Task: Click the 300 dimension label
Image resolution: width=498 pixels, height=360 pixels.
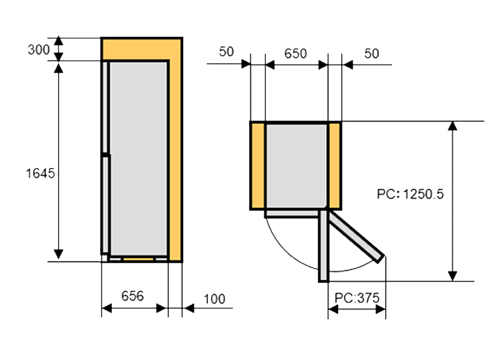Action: (x=39, y=50)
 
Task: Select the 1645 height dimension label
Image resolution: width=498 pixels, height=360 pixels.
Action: (x=40, y=174)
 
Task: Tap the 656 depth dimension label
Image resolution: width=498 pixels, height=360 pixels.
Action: (x=133, y=296)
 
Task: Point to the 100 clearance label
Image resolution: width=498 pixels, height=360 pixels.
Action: (x=214, y=299)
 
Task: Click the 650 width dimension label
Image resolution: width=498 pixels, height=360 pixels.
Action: (x=295, y=54)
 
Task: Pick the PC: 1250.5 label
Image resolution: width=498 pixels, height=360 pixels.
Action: (x=410, y=194)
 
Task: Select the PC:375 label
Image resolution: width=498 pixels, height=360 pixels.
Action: (x=357, y=298)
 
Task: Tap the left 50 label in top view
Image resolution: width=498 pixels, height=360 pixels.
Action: (x=227, y=52)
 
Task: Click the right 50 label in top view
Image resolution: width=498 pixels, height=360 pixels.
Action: (x=371, y=54)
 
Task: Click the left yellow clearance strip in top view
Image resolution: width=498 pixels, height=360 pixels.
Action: (x=258, y=165)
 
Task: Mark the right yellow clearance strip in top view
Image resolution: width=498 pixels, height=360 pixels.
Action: (x=334, y=165)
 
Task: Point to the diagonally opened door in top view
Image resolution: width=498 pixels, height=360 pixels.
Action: (x=356, y=237)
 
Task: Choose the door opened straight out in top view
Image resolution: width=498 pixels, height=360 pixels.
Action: (x=323, y=246)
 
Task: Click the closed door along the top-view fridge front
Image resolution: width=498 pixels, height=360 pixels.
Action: (x=292, y=213)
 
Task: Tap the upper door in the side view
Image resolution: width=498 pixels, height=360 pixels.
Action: (x=105, y=107)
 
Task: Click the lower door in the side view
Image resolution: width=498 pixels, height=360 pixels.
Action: (x=105, y=205)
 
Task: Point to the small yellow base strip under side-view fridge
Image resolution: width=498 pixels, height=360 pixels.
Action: (x=138, y=259)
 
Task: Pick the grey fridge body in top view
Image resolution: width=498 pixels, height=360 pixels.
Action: (x=296, y=165)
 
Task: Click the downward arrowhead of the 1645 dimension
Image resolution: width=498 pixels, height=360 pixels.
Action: (x=58, y=254)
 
